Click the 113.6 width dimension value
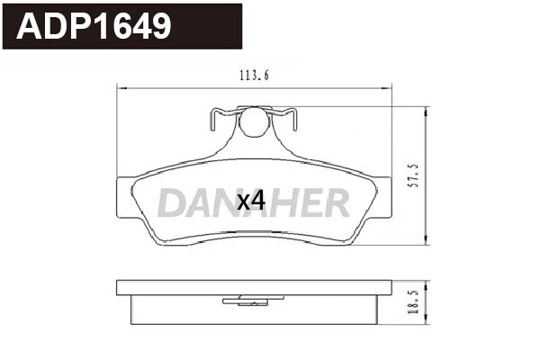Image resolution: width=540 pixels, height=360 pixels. point(256,76)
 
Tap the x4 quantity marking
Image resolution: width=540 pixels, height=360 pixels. point(250,201)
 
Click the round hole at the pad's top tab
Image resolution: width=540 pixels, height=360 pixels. point(254,122)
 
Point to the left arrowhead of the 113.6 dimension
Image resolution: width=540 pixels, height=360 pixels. point(121,87)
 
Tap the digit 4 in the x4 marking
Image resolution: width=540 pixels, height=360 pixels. point(258,201)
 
